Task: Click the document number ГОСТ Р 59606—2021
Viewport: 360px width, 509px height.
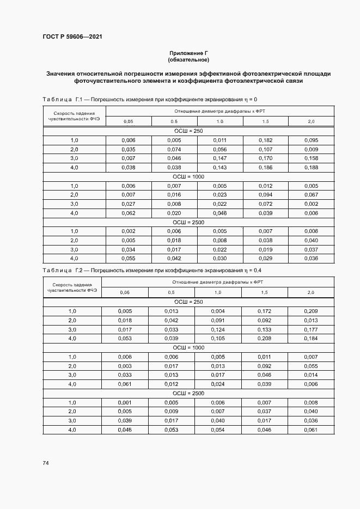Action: coord(72,37)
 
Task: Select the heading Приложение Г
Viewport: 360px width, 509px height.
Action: coord(188,53)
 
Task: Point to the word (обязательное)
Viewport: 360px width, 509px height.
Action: coord(188,59)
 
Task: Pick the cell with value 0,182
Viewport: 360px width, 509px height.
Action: coord(265,140)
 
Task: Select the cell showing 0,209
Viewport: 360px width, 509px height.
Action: coord(311,311)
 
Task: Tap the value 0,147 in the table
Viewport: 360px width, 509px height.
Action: coord(220,158)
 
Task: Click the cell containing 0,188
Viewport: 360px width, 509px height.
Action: coord(312,168)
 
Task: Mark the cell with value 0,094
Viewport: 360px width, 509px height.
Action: coord(265,195)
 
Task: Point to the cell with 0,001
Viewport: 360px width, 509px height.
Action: coord(125,402)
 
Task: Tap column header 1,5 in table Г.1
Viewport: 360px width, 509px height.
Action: coord(265,121)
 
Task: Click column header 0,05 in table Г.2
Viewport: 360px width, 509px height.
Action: coord(125,292)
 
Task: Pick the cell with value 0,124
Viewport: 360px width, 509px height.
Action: coord(217,329)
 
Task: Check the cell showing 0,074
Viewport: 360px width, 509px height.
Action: coord(174,149)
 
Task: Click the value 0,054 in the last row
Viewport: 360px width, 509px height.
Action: coord(217,430)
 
